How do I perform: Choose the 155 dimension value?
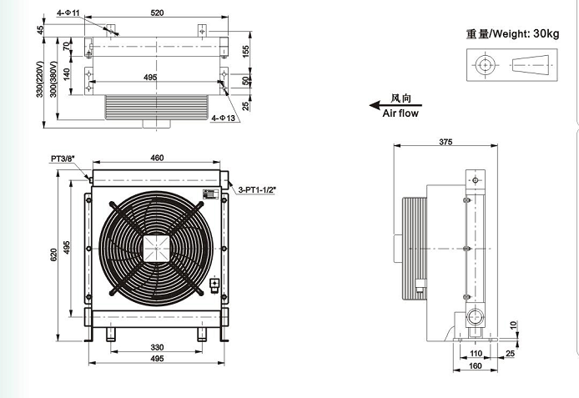pos(248,51)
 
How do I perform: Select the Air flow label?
pos(400,113)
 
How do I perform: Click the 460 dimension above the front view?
pos(157,158)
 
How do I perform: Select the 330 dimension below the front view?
pos(157,347)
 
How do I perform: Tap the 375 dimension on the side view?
pos(445,143)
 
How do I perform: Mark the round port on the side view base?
pos(477,316)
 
